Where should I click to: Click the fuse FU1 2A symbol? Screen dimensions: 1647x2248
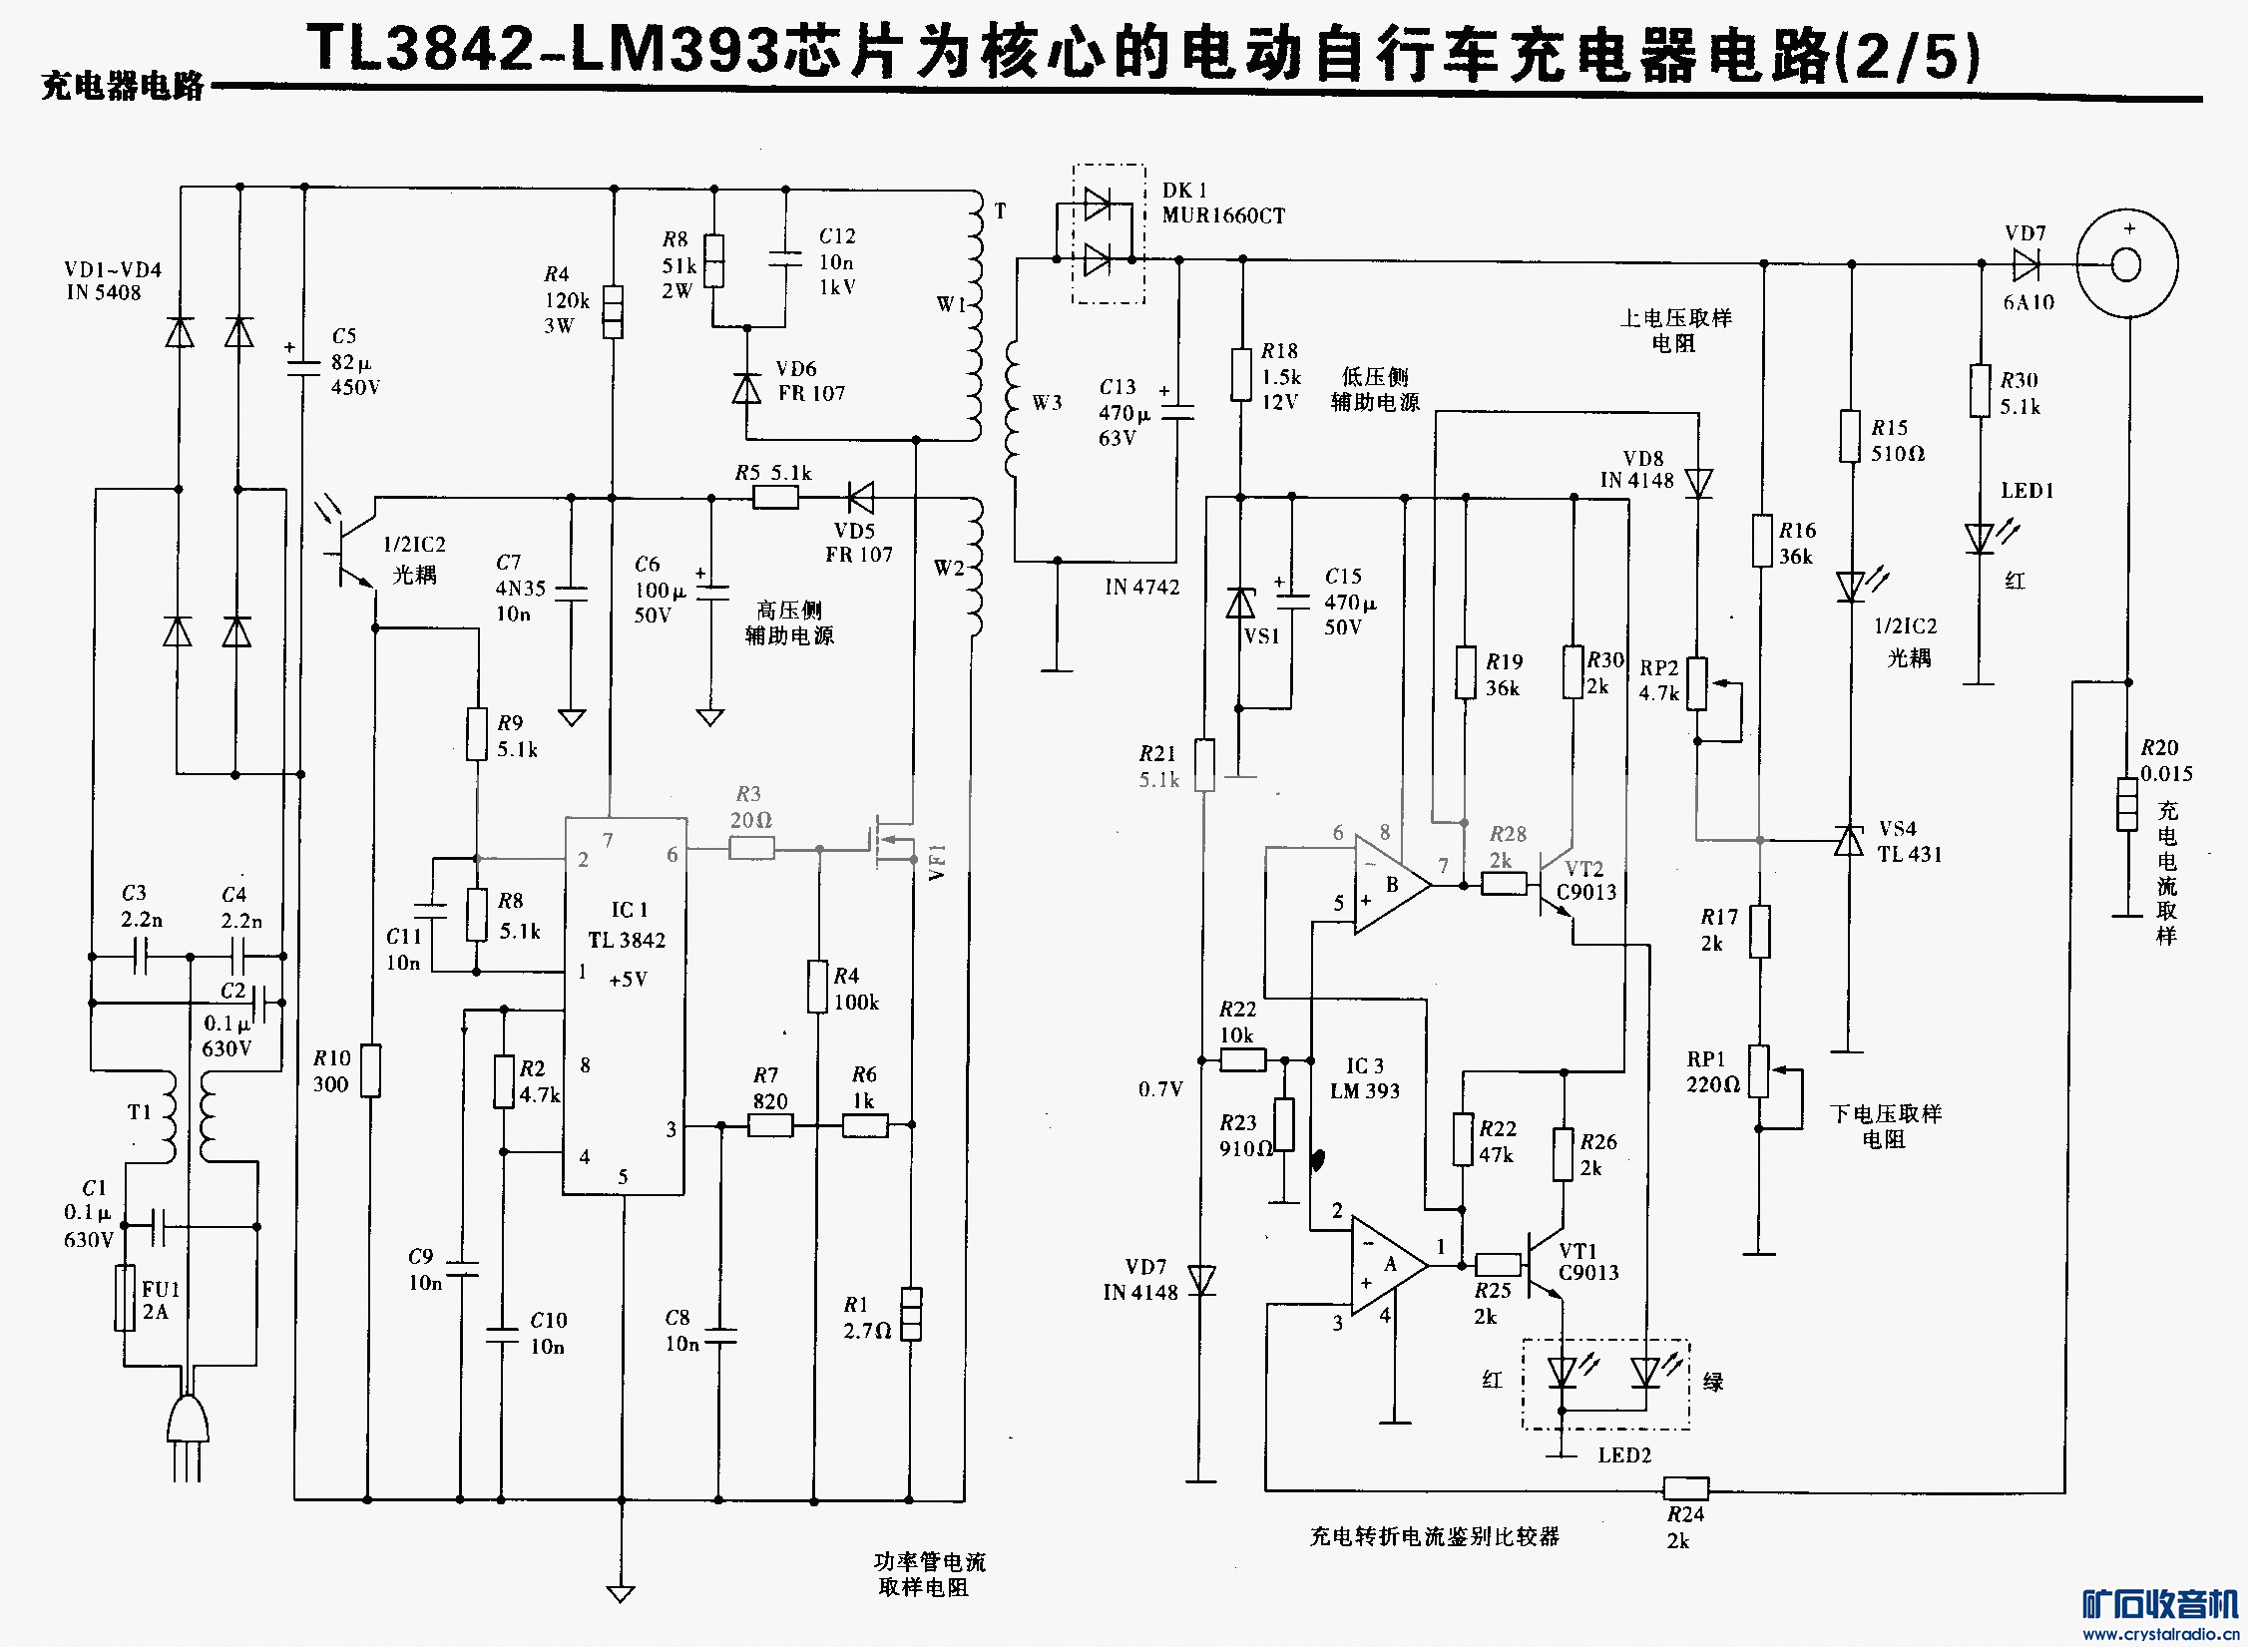click(x=125, y=1297)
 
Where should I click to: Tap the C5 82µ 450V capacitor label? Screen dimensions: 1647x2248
click(x=355, y=362)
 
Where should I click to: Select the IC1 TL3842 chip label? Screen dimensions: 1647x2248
click(x=627, y=925)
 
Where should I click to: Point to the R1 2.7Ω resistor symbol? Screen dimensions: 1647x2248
click(x=911, y=1314)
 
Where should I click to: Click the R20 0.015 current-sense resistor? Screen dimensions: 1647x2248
click(x=2127, y=804)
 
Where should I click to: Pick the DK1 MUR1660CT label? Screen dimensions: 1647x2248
click(x=1223, y=204)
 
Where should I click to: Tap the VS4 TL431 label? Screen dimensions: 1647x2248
click(x=1909, y=842)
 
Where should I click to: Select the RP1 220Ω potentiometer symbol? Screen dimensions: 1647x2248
click(x=1759, y=1071)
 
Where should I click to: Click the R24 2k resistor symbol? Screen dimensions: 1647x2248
click(x=1686, y=1488)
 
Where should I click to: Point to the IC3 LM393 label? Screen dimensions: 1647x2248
click(x=1364, y=1078)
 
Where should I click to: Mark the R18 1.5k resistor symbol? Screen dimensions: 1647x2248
click(x=1241, y=374)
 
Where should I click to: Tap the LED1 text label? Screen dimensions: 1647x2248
click(x=2026, y=491)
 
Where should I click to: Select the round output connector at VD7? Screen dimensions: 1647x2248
click(x=2126, y=264)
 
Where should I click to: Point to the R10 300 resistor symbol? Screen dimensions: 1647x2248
click(x=370, y=1070)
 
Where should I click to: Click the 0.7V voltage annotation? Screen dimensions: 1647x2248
click(x=1160, y=1089)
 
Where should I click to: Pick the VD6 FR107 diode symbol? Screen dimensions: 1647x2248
click(x=746, y=387)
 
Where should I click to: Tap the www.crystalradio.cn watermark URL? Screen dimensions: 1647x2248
click(x=2160, y=1634)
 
